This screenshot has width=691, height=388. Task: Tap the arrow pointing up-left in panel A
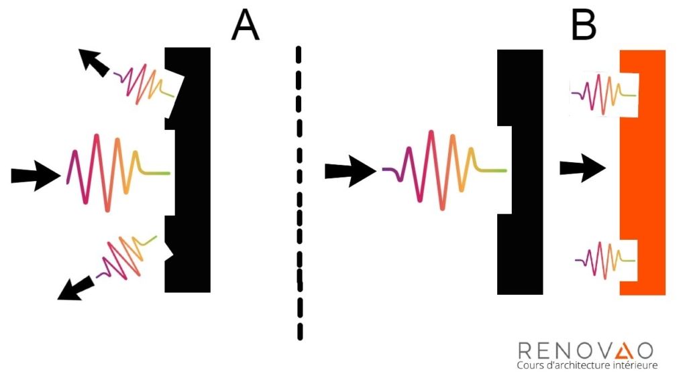93,62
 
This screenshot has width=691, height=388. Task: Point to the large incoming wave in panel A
117,173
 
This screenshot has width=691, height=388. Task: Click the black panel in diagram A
195,171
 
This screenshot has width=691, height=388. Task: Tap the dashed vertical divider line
299,194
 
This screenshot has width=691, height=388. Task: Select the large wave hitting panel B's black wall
443,170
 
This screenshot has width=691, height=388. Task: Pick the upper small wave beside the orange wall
604,93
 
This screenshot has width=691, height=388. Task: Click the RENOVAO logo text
585,349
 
